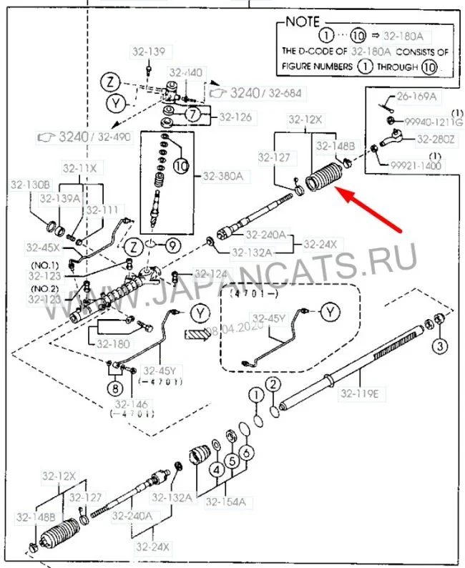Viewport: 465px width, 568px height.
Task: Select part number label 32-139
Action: tap(148, 52)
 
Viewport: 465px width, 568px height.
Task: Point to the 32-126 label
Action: tap(235, 117)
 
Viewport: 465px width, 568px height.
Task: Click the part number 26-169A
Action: tap(418, 95)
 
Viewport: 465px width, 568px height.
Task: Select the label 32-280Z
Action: tap(436, 139)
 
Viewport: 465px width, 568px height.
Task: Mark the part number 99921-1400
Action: tap(416, 165)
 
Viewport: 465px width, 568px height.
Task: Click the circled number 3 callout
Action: tap(440, 346)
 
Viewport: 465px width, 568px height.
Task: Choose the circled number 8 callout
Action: tap(116, 389)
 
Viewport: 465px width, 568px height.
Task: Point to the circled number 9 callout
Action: tap(175, 245)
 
